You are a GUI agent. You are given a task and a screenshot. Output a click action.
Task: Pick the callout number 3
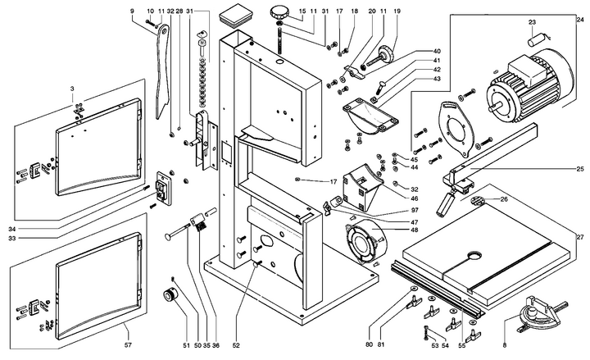[x=72, y=87]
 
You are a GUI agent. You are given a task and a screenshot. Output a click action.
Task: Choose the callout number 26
[x=503, y=198]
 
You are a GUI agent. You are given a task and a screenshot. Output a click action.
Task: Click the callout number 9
[x=132, y=11]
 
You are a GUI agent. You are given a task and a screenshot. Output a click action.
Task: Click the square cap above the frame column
[x=237, y=14]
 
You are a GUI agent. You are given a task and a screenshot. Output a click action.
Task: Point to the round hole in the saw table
[x=473, y=257]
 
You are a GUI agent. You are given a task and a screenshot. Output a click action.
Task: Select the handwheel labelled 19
[x=386, y=57]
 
